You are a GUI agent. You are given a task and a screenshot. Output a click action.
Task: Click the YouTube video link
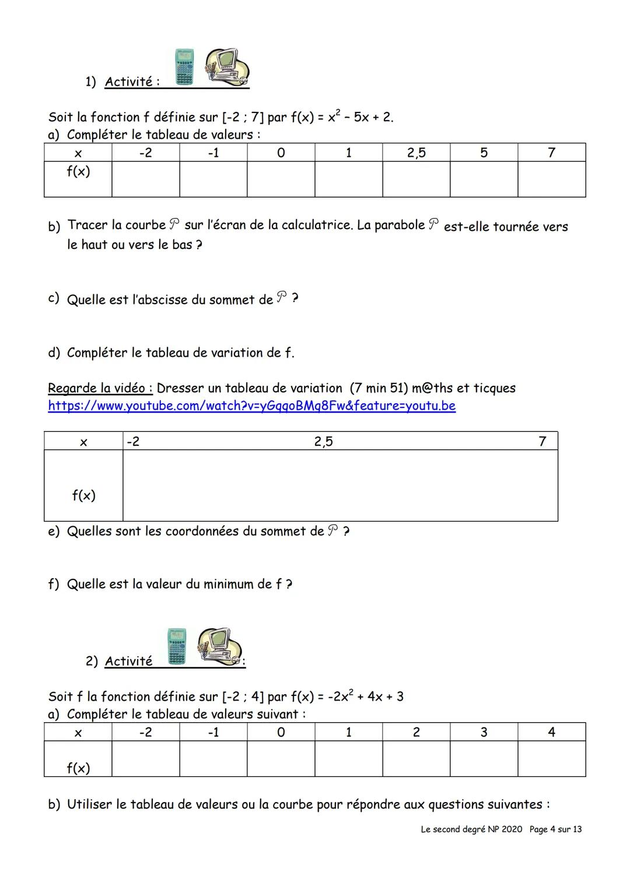click(x=251, y=406)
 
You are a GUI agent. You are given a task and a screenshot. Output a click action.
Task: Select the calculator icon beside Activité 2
click(x=177, y=646)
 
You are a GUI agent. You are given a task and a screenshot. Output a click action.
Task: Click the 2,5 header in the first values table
click(x=416, y=153)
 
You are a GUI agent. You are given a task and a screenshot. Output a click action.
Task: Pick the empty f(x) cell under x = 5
click(x=484, y=179)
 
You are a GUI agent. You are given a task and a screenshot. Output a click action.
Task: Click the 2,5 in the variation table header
click(x=323, y=441)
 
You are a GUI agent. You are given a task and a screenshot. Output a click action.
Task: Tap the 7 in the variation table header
click(x=542, y=441)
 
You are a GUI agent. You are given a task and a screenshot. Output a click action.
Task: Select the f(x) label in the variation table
click(x=83, y=495)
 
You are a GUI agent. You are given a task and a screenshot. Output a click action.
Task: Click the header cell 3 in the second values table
click(x=484, y=732)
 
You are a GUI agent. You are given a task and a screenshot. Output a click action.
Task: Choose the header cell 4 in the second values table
click(x=551, y=732)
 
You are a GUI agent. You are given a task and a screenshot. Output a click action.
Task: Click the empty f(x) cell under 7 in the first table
click(x=551, y=179)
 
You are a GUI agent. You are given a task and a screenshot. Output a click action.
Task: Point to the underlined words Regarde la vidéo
click(x=100, y=388)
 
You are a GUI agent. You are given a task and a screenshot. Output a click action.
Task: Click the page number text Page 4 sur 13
click(x=555, y=829)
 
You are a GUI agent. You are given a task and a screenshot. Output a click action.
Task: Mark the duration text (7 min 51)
click(x=379, y=388)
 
